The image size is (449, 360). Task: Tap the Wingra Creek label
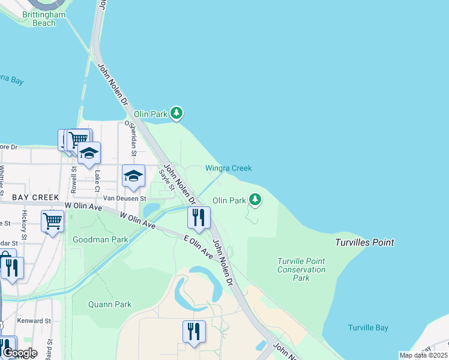229,169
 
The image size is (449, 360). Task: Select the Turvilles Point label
364,242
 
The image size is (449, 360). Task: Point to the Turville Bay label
368,328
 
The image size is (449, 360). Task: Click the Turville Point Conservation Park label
301,269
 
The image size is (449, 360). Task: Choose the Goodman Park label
100,239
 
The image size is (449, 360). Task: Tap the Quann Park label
110,304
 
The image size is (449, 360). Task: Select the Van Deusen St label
125,197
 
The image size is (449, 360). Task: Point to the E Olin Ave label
199,247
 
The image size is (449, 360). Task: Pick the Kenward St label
34,321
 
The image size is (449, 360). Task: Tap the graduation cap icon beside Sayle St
133,176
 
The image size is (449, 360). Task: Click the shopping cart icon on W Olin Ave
52,221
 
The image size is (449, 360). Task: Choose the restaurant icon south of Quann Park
194,332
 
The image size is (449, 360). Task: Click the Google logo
20,353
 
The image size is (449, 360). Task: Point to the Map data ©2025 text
423,355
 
